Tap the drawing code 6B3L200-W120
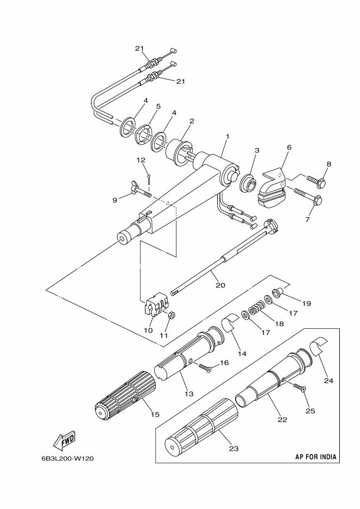(x=68, y=459)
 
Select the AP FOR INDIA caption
(x=315, y=457)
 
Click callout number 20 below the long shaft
(x=221, y=285)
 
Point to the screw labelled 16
(x=205, y=367)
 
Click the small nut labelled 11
(x=173, y=314)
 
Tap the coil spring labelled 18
(x=256, y=307)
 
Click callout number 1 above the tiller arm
(x=227, y=137)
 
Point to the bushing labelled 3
(x=250, y=183)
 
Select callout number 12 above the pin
(x=141, y=160)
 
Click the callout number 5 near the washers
(x=158, y=107)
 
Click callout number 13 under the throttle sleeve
(x=189, y=394)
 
